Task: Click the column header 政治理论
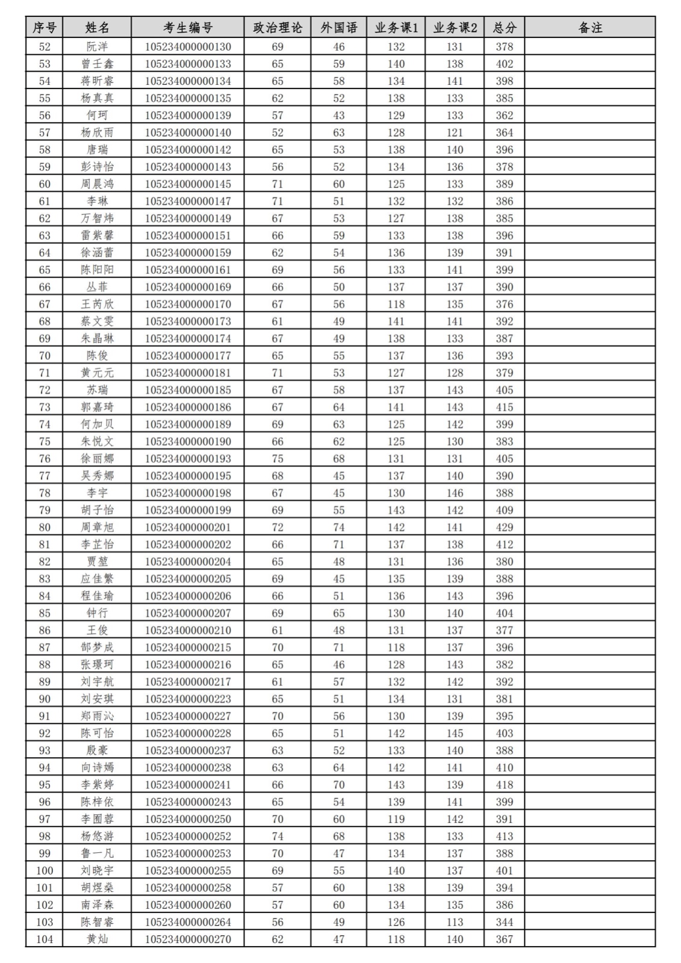[x=278, y=28]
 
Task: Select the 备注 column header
[x=589, y=28]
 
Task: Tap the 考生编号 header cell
[x=187, y=28]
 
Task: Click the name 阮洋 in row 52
[x=97, y=47]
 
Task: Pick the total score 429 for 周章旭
[x=504, y=527]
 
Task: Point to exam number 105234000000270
[x=187, y=939]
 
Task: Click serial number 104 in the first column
[x=45, y=939]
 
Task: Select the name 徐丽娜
[x=97, y=459]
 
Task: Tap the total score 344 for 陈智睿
[x=504, y=922]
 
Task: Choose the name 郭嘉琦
[x=97, y=407]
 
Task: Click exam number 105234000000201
[x=187, y=527]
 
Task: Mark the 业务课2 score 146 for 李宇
[x=455, y=493]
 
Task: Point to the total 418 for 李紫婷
[x=504, y=785]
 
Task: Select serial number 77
[x=45, y=476]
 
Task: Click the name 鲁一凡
[x=97, y=853]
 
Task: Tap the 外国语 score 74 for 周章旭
[x=338, y=527]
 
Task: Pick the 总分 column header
[x=504, y=28]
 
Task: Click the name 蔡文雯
[x=97, y=321]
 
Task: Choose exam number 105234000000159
[x=187, y=253]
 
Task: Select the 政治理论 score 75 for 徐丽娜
[x=277, y=459]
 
